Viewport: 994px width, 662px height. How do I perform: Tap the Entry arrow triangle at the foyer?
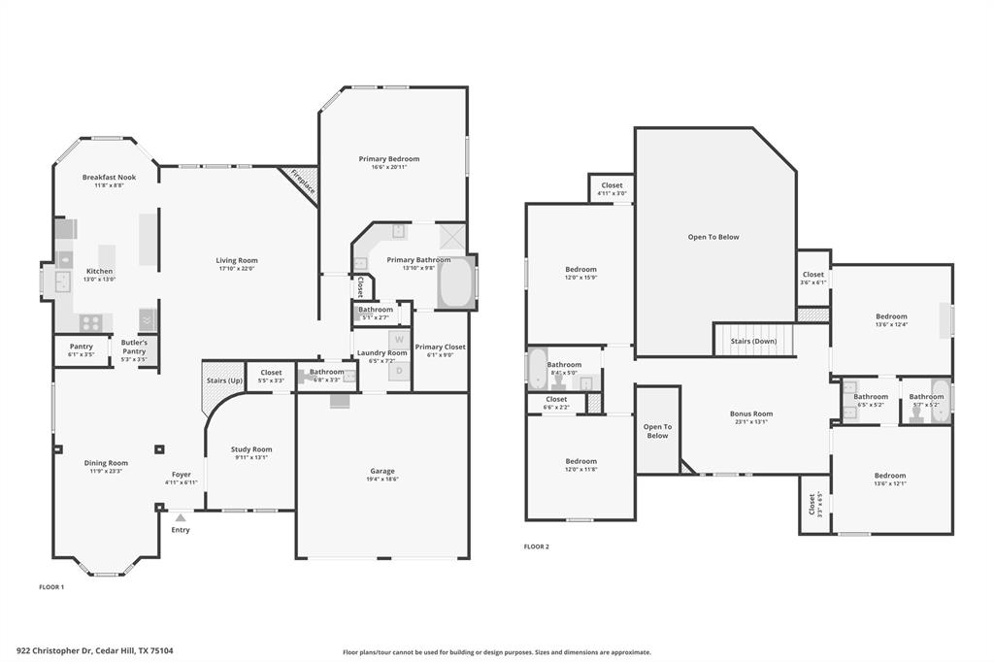point(181,518)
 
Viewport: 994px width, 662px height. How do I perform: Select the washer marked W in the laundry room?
point(398,338)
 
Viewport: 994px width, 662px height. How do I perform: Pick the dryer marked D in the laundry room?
point(398,370)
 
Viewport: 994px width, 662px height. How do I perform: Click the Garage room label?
point(381,471)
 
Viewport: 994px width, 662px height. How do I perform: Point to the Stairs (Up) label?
point(224,381)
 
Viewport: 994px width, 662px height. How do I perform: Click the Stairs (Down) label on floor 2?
point(752,341)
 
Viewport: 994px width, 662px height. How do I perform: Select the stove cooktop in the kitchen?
point(91,321)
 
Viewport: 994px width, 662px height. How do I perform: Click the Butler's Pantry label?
point(134,343)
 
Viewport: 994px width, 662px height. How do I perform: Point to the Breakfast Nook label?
point(109,178)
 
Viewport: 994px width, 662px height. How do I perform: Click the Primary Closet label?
point(441,347)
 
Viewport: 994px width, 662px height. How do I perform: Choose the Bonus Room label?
point(751,414)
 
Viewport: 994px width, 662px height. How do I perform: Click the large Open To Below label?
point(713,237)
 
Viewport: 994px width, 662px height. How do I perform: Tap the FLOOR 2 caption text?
point(536,546)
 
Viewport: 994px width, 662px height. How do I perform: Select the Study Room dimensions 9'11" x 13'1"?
point(250,458)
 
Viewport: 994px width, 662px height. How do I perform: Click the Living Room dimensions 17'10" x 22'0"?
point(236,269)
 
